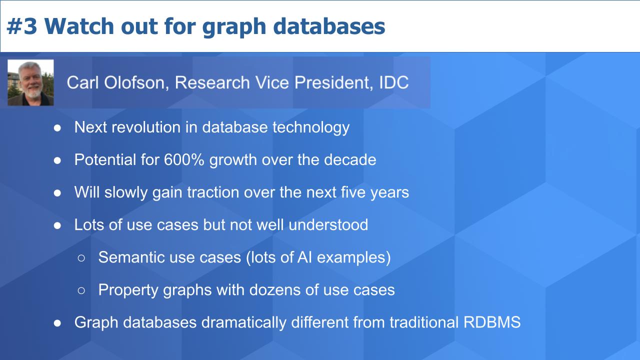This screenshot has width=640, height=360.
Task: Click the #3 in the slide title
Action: coord(21,26)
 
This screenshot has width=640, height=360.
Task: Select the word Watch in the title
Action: coord(79,26)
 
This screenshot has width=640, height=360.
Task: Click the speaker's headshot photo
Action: coord(30,82)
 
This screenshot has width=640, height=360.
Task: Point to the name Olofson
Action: coord(134,82)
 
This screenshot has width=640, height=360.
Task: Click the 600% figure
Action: coord(184,159)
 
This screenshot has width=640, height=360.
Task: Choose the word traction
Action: coord(213,192)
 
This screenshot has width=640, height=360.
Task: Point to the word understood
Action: coord(328,224)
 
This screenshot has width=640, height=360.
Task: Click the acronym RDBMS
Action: coord(492,322)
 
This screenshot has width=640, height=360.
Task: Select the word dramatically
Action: coord(244,322)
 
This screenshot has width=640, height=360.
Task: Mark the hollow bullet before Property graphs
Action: coord(81,290)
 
